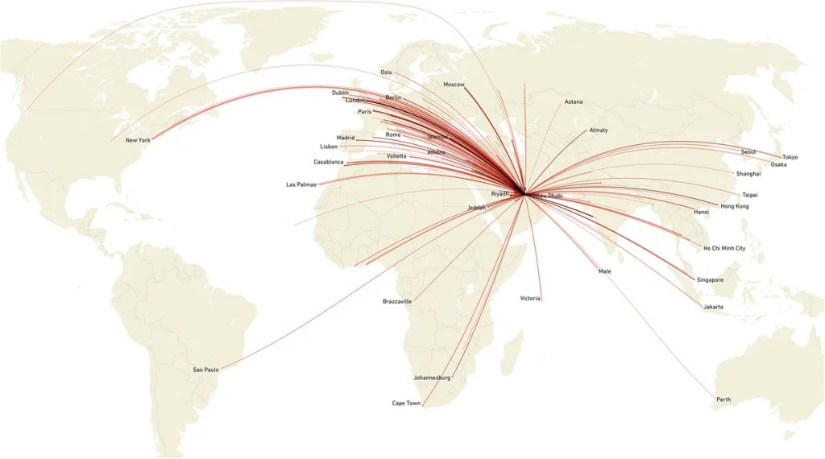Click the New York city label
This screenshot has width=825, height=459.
[x=138, y=140]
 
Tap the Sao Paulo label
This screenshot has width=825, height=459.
[x=205, y=370]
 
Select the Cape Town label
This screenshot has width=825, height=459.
[x=406, y=403]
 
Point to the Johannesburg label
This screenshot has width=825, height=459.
[x=432, y=377]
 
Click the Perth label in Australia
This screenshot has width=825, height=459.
[x=723, y=399]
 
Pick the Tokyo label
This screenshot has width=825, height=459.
[x=790, y=157]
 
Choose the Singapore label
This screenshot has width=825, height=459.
[x=710, y=279]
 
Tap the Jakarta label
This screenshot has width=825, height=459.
[x=712, y=307]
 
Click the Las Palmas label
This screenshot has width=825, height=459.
[x=301, y=184]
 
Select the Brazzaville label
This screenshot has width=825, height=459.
[x=397, y=301]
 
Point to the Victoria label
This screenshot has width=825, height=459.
[x=530, y=299]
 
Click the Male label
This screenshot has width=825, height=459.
[x=604, y=271]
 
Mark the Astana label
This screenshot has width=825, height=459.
[x=574, y=102]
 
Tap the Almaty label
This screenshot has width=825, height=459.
[x=599, y=130]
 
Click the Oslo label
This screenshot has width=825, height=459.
[x=386, y=72]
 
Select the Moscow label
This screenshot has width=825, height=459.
[x=454, y=85]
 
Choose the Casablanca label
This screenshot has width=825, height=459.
[x=329, y=162]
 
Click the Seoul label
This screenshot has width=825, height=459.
[x=748, y=152]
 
